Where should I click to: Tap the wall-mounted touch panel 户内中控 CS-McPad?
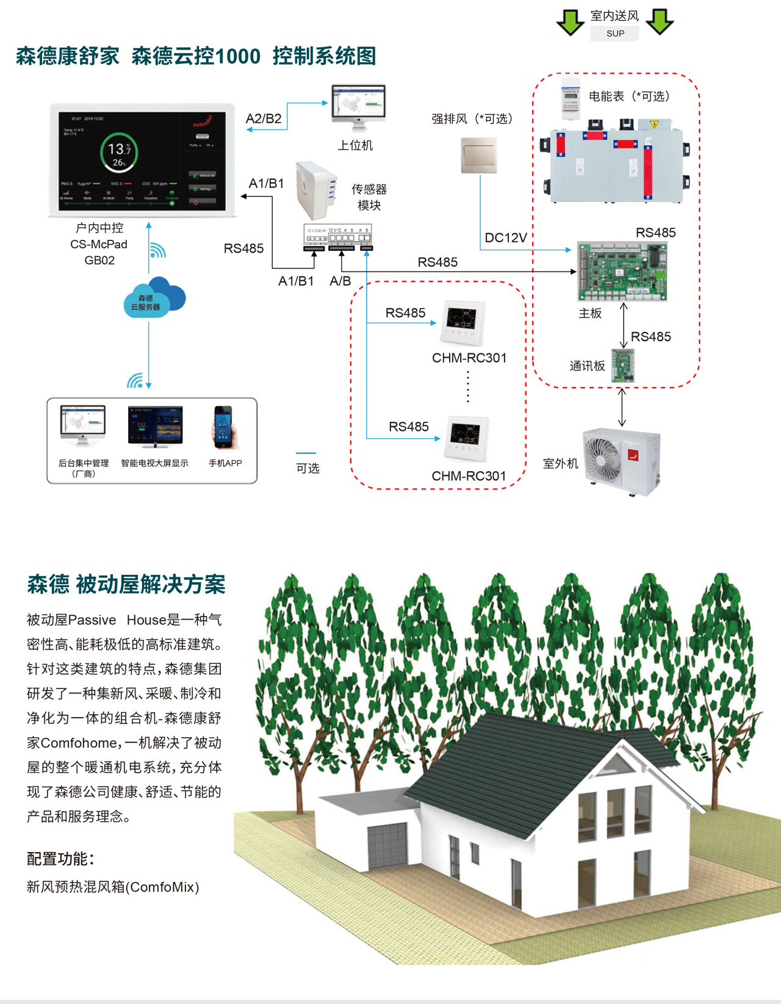pyautogui.click(x=142, y=160)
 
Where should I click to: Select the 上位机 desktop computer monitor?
pyautogui.click(x=358, y=104)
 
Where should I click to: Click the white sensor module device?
pyautogui.click(x=315, y=189)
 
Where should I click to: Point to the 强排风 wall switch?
pyautogui.click(x=479, y=155)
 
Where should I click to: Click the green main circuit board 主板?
pyautogui.click(x=622, y=271)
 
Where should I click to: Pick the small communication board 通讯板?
pyautogui.click(x=623, y=365)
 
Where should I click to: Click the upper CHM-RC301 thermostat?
pyautogui.click(x=463, y=322)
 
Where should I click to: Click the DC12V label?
pyautogui.click(x=506, y=238)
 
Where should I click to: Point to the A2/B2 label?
pyautogui.click(x=264, y=119)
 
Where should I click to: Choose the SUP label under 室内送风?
pyautogui.click(x=615, y=34)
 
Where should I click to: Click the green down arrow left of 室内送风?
pyautogui.click(x=570, y=22)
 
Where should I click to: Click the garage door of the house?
pyautogui.click(x=387, y=845)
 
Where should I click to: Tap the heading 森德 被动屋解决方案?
pyautogui.click(x=126, y=585)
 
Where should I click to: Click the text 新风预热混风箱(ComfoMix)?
pyautogui.click(x=113, y=887)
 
